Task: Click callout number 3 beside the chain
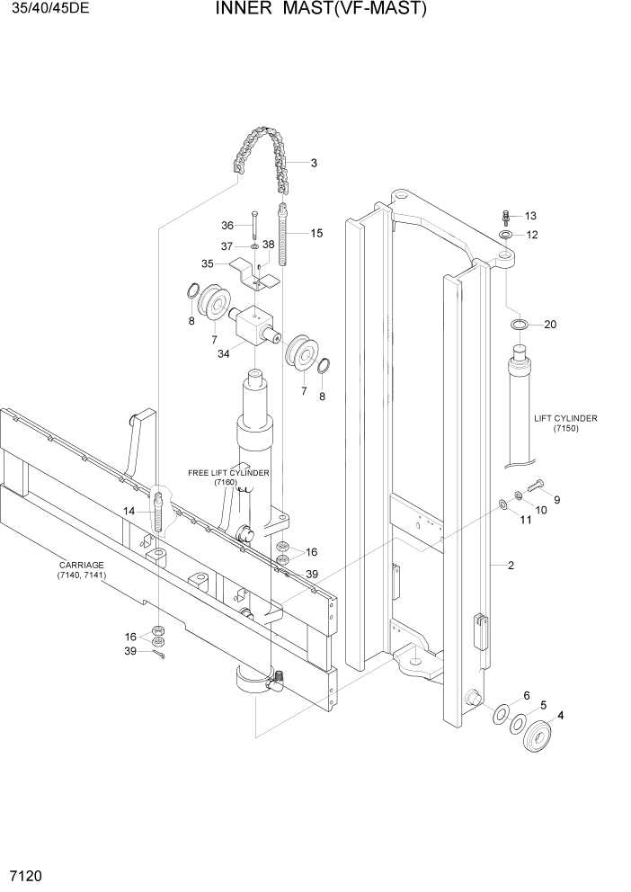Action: tap(314, 164)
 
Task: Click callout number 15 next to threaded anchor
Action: tap(316, 234)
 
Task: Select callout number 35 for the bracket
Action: tap(208, 264)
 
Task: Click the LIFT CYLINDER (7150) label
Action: tap(565, 424)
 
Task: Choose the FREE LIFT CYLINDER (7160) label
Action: tap(228, 477)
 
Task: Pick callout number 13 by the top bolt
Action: tap(529, 216)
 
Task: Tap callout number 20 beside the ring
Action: tap(550, 324)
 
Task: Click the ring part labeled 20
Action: tap(519, 324)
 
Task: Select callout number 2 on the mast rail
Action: tap(511, 566)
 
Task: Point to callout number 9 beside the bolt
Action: tap(556, 499)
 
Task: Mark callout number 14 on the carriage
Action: tap(129, 511)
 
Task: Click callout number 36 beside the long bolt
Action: tap(227, 226)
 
